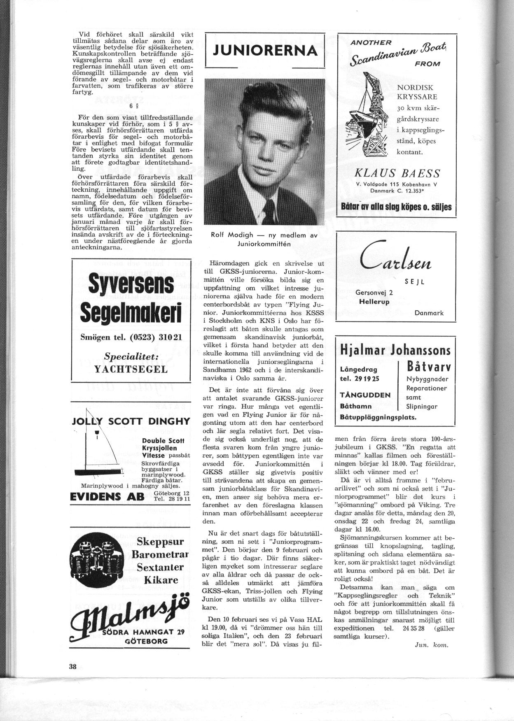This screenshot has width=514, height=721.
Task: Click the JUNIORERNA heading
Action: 265,50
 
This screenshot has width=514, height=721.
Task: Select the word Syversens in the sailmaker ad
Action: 131,286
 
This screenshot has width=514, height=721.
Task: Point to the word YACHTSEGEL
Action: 131,369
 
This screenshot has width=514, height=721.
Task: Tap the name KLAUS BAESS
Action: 397,173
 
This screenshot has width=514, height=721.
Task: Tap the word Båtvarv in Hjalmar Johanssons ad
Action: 428,366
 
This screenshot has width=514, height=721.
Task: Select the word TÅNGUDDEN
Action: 365,395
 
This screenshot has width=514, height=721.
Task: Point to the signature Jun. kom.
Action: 431,645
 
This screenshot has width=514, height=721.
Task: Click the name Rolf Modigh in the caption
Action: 232,235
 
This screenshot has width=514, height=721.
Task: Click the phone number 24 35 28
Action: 406,628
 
